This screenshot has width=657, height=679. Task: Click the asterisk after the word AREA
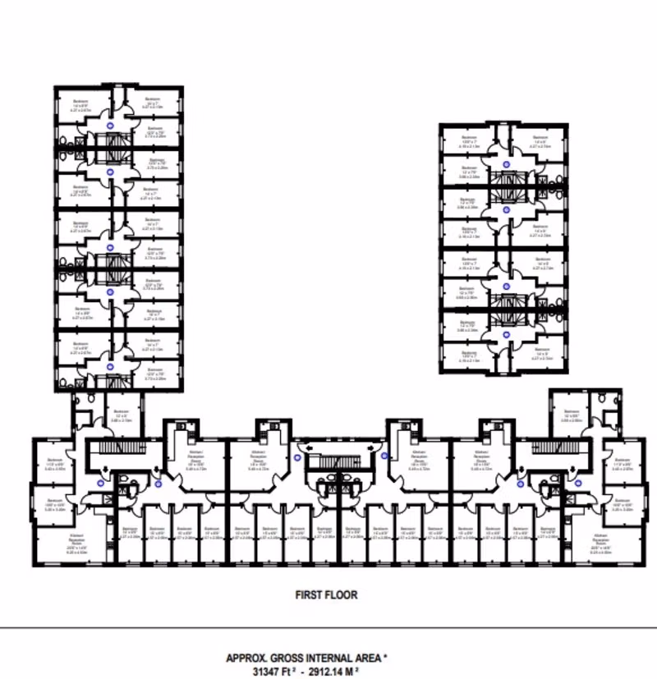tap(386, 657)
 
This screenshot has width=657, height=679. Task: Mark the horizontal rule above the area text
tap(328, 628)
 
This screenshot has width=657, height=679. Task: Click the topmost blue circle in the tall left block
tap(111, 126)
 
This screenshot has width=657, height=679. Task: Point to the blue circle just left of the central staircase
tap(297, 458)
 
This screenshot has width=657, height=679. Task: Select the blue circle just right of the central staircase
tap(383, 456)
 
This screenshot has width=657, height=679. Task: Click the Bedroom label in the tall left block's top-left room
tap(80, 104)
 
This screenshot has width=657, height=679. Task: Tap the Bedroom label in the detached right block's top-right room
tap(540, 138)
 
